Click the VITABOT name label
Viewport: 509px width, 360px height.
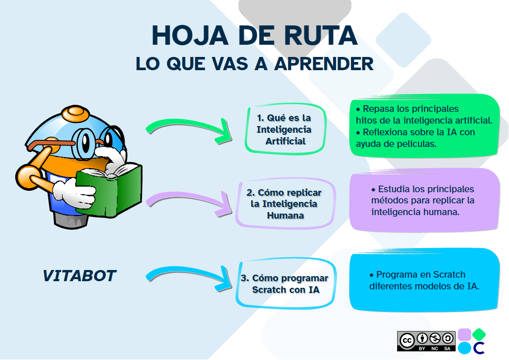[x=79, y=276]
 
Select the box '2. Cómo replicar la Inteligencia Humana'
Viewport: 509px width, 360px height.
[x=286, y=203]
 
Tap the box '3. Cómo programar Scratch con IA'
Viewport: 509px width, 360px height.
[x=286, y=284]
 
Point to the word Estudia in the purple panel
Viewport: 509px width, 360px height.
[x=395, y=189]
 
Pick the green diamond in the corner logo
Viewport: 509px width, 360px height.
[x=479, y=334]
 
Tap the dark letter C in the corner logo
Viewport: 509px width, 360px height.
[x=478, y=348]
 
